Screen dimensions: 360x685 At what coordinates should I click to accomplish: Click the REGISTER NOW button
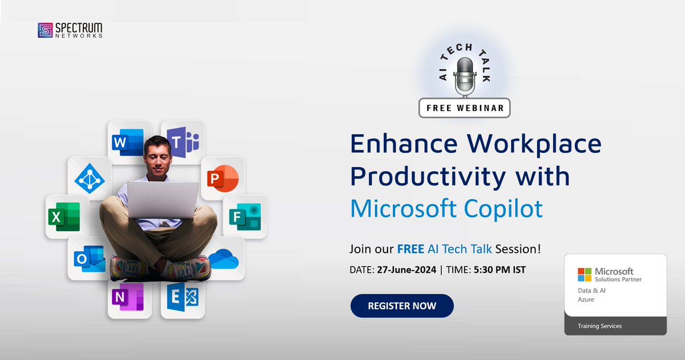(402, 306)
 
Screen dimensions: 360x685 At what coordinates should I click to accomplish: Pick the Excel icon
(63, 217)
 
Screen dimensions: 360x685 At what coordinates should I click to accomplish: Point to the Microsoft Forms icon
(244, 217)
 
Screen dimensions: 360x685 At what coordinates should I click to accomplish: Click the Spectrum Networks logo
(70, 30)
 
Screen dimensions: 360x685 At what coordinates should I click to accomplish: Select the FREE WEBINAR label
(464, 107)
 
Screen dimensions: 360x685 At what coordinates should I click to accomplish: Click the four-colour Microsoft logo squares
(584, 274)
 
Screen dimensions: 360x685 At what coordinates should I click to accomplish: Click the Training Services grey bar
(615, 326)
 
